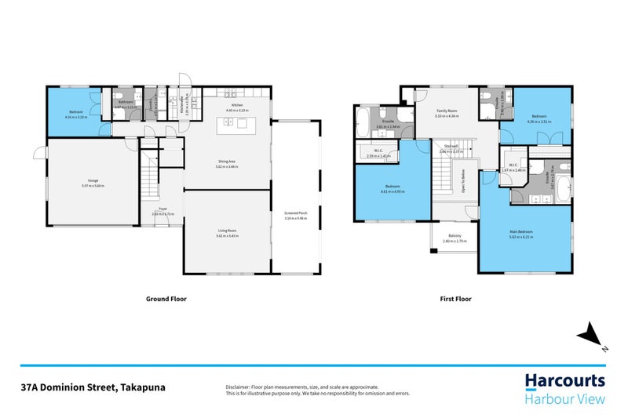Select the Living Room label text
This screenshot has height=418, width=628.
click(227, 231)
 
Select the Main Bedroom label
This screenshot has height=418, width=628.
click(520, 233)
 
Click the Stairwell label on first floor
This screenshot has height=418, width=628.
click(451, 146)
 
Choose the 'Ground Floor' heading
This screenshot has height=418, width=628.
click(166, 299)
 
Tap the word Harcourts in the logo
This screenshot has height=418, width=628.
click(565, 381)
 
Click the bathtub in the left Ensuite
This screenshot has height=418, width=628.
click(361, 122)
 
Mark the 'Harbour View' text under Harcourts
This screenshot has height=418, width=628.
click(565, 400)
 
